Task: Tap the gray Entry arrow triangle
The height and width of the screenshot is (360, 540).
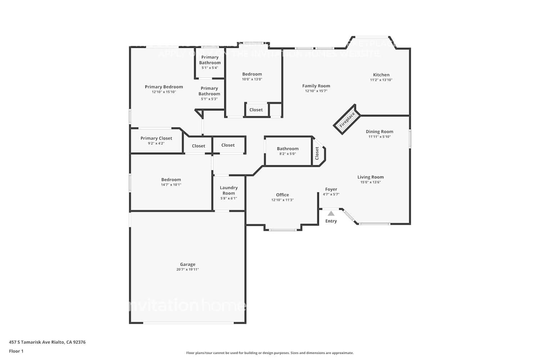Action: tap(331, 213)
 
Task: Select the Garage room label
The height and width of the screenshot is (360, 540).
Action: tap(188, 264)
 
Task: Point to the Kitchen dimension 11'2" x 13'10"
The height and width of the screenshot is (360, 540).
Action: tap(381, 80)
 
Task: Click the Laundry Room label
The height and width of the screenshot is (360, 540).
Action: tap(229, 190)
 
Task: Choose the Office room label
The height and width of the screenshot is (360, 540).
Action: tap(282, 195)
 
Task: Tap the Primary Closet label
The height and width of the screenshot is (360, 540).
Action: tap(156, 138)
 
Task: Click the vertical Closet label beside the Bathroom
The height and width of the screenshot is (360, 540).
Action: tap(317, 153)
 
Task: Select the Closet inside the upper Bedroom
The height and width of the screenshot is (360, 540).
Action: tap(256, 110)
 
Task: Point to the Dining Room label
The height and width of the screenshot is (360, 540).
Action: tap(379, 132)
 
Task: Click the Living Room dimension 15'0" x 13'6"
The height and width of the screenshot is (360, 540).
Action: tap(370, 182)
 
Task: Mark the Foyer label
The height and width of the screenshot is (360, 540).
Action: tap(331, 189)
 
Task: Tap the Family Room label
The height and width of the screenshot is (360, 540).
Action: tap(316, 86)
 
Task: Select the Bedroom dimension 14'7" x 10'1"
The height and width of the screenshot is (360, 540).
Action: tap(171, 185)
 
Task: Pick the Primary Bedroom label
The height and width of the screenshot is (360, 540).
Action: tap(164, 87)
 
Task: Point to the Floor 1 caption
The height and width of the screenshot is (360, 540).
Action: tap(16, 351)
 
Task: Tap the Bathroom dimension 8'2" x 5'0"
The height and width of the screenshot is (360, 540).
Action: tap(288, 154)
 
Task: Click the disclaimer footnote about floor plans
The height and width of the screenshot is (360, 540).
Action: tap(270, 353)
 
